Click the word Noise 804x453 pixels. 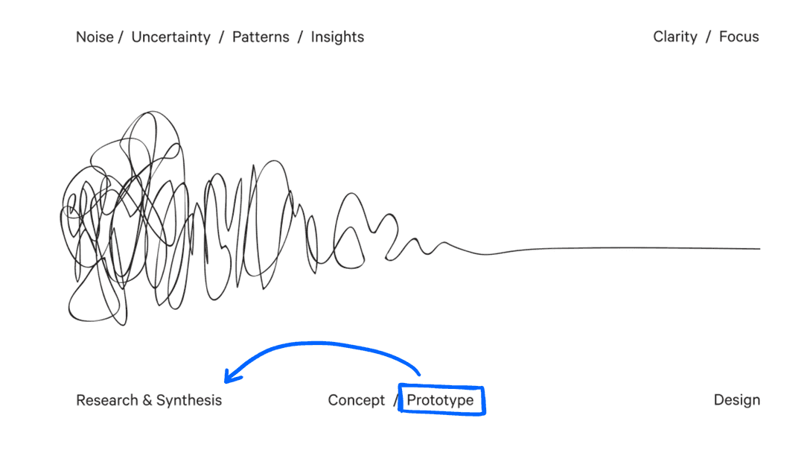(x=95, y=37)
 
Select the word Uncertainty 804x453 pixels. (x=170, y=37)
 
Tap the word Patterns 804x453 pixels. (x=261, y=37)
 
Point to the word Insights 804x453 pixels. (x=337, y=37)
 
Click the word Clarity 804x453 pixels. (x=675, y=37)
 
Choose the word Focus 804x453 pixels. (x=739, y=37)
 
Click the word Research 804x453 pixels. (x=106, y=400)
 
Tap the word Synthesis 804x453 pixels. (x=188, y=400)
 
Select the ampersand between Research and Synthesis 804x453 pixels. (x=147, y=400)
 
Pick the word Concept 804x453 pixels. (x=357, y=400)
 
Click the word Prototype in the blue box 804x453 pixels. (x=440, y=400)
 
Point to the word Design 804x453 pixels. (x=737, y=400)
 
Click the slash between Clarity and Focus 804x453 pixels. (x=708, y=37)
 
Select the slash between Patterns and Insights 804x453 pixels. (x=300, y=37)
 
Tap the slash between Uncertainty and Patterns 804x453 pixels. (x=222, y=37)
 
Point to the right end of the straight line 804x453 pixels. (x=760, y=249)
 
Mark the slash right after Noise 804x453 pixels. (x=121, y=37)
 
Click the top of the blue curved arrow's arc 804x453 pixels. (x=318, y=343)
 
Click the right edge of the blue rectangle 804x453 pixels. (x=483, y=400)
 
